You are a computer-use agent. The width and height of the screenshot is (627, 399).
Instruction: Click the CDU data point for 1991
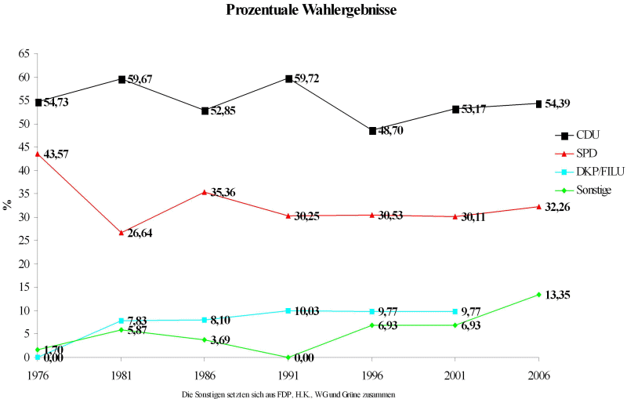288,79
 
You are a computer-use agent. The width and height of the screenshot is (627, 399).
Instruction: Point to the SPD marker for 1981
121,233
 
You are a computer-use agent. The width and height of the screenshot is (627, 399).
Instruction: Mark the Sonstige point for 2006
538,295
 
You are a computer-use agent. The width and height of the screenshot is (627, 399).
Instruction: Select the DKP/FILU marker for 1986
205,320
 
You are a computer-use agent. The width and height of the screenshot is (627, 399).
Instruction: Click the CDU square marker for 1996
372,131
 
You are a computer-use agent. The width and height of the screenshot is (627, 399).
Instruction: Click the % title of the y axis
7,205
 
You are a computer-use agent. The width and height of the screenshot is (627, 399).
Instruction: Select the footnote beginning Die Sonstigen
287,394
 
